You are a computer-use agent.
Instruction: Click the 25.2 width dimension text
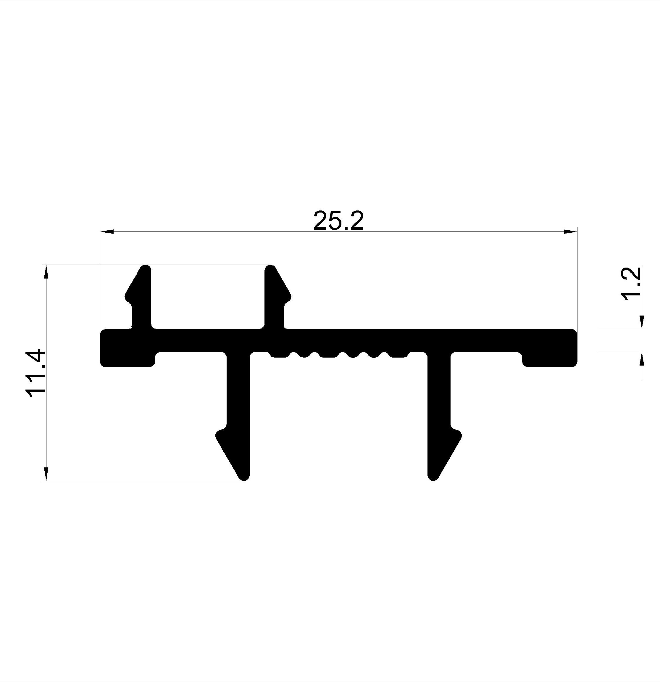coord(338,221)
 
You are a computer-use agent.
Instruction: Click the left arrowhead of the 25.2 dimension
coord(107,231)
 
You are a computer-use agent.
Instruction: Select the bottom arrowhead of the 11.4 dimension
coord(46,474)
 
